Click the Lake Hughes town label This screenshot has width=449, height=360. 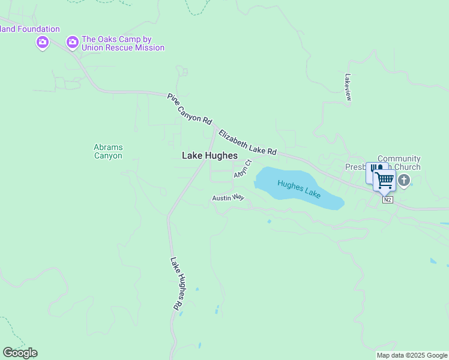[x=209, y=155]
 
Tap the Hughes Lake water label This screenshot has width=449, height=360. [x=299, y=189]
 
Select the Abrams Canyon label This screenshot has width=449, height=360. [x=108, y=151]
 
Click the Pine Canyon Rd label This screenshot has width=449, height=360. [x=190, y=109]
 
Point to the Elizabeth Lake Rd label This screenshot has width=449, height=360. [x=247, y=143]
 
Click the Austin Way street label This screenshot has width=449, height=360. [x=228, y=197]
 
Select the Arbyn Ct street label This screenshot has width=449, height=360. [x=243, y=169]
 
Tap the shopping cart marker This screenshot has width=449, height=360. [x=384, y=179]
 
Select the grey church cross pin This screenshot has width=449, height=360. [x=405, y=180]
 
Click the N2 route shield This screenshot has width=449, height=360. [x=388, y=200]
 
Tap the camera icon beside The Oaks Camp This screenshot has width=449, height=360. [x=73, y=42]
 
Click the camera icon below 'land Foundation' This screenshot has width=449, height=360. [x=42, y=42]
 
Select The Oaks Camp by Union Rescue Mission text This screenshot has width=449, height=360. [x=123, y=43]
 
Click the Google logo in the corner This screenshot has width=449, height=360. [x=20, y=353]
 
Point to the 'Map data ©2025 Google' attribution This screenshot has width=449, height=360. [x=412, y=355]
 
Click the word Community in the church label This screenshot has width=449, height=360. [x=399, y=159]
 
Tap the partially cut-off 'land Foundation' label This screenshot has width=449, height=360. [x=30, y=29]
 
